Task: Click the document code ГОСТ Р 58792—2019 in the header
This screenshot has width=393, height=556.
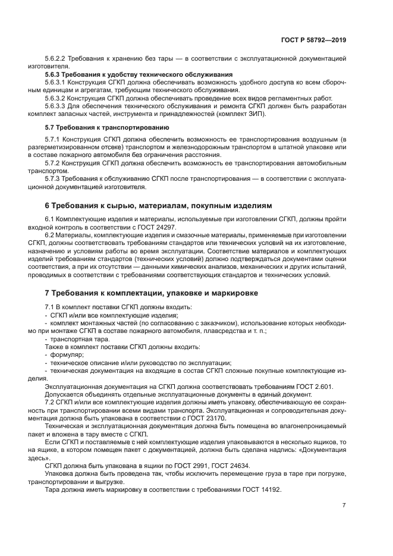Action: (x=313, y=40)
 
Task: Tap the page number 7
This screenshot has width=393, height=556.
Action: (x=344, y=505)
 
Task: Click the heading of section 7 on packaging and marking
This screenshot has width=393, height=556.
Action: (x=160, y=293)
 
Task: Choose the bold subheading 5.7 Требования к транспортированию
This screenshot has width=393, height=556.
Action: (x=107, y=127)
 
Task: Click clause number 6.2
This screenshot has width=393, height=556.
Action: (x=50, y=235)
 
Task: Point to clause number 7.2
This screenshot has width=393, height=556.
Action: (x=50, y=403)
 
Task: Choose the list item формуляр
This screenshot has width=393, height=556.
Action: (x=67, y=355)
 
